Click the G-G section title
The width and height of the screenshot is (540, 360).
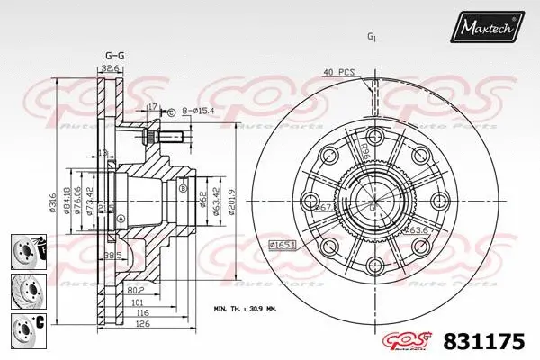coord(115,56)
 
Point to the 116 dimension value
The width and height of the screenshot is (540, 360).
coord(142,314)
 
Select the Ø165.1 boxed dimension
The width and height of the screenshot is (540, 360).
coord(283,245)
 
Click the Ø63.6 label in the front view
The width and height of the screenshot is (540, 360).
coord(415,230)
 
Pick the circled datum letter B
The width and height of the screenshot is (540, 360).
coord(183,188)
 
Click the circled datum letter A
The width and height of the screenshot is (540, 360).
coord(122,218)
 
